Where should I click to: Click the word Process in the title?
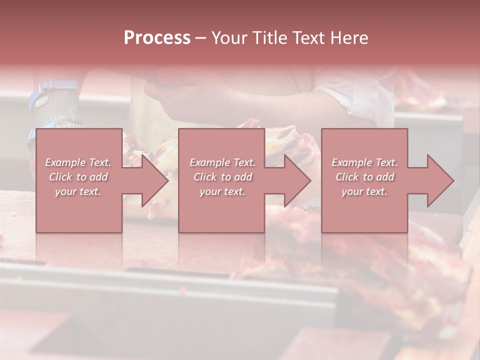(157, 38)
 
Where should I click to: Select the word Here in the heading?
(350, 38)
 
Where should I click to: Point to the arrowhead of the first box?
(155, 180)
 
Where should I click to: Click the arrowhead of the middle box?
(298, 180)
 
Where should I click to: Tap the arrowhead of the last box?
(440, 180)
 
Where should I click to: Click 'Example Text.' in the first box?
(78, 162)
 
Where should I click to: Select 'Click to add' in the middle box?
(222, 177)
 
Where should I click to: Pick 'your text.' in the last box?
(364, 191)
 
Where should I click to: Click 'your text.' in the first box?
(78, 191)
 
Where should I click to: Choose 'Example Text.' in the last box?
(364, 162)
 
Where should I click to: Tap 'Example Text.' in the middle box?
(222, 162)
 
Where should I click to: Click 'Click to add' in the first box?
(78, 177)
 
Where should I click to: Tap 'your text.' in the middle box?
(222, 191)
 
